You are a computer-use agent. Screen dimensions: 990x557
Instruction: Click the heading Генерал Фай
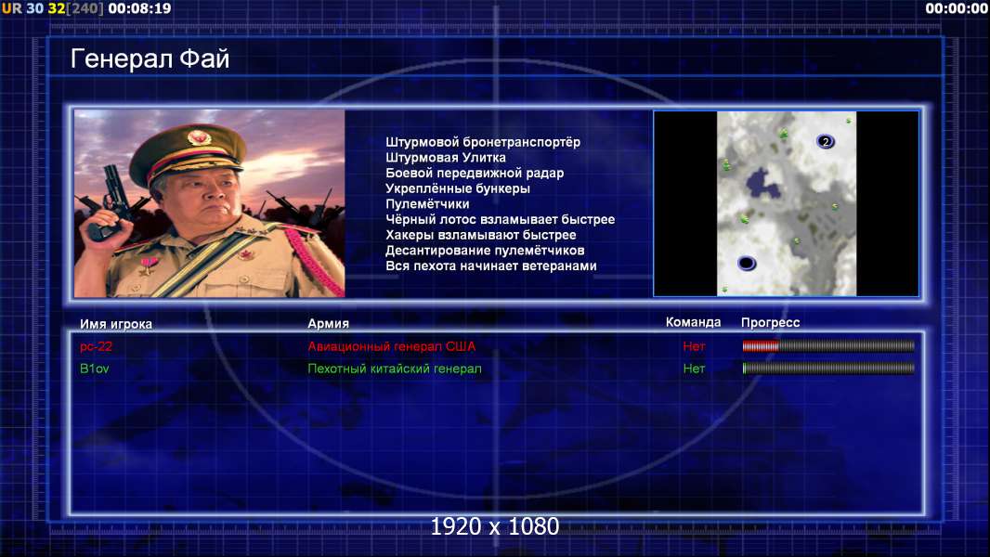[x=150, y=58]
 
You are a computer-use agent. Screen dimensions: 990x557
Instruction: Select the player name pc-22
[x=96, y=346]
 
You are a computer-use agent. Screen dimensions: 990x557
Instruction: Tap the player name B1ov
[x=94, y=369]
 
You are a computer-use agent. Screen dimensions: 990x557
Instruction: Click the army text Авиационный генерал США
[x=392, y=346]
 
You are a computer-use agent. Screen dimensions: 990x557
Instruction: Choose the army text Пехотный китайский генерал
[x=395, y=369]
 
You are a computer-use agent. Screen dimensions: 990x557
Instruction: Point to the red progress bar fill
[x=761, y=345]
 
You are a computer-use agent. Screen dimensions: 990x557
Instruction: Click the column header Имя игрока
[x=115, y=324]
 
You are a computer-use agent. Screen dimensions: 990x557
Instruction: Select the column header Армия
[x=329, y=324]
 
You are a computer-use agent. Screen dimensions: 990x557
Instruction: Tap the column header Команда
[x=693, y=322]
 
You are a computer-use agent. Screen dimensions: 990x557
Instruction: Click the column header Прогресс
[x=770, y=323]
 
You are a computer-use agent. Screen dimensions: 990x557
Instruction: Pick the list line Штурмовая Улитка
[x=446, y=158]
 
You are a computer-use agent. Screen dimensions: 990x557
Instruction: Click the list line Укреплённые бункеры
[x=458, y=188]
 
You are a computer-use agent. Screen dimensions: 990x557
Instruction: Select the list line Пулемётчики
[x=427, y=203]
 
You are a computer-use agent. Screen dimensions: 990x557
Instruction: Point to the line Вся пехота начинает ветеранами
[x=491, y=266]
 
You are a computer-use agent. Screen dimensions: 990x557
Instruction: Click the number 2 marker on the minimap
[x=826, y=141]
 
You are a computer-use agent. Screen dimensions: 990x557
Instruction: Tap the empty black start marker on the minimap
[x=747, y=263]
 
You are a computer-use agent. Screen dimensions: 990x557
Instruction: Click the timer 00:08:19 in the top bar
[x=139, y=8]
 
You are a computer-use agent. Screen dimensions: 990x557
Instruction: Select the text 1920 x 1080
[x=495, y=526]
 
